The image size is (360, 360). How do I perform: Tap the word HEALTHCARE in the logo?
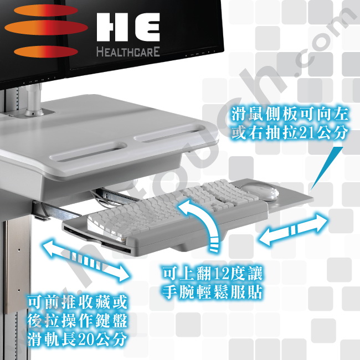click(x=128, y=52)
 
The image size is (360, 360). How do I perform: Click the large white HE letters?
click(x=128, y=27)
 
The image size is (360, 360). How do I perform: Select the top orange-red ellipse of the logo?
click(x=46, y=11)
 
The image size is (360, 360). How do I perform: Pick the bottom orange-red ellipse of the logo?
click(x=46, y=52)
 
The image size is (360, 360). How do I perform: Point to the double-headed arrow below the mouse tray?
click(x=293, y=230)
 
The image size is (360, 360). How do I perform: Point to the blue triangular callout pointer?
click(x=327, y=169)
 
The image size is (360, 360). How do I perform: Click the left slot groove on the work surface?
click(x=89, y=151)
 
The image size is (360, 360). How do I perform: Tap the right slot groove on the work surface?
click(x=169, y=133)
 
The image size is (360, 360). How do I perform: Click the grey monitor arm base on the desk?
click(x=34, y=101)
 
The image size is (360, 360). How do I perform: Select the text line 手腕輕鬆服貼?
click(x=213, y=292)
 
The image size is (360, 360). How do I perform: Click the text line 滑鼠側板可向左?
click(x=290, y=114)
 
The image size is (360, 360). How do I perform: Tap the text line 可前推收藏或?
click(x=78, y=302)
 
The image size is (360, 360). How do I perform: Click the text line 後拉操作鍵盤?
click(x=78, y=321)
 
